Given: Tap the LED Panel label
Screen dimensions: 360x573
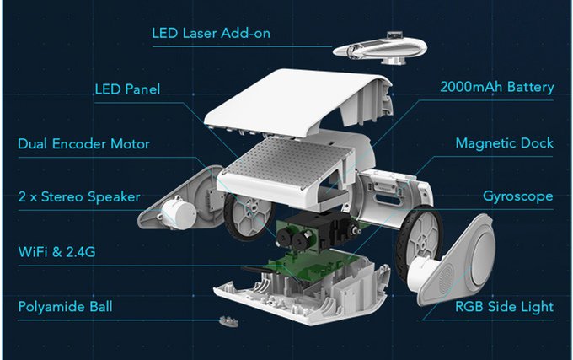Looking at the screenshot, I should [127, 89].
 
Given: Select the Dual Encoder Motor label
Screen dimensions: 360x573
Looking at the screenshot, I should [83, 144].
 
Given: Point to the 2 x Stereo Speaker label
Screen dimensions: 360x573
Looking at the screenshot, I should [79, 197].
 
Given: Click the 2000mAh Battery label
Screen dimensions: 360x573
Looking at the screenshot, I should [496, 88].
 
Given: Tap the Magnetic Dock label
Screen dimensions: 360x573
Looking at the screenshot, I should [504, 143].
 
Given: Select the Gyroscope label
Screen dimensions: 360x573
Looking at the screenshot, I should [517, 197].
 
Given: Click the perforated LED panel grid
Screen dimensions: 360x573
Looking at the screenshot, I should [278, 160].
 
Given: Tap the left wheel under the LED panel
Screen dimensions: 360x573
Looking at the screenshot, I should [245, 216].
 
